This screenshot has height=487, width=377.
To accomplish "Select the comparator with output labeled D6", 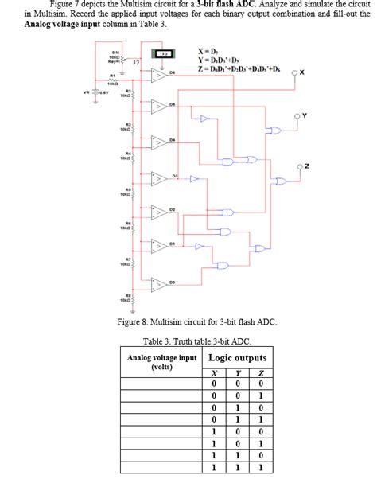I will click(160, 76).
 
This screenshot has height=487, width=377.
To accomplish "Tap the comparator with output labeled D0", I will click(160, 285).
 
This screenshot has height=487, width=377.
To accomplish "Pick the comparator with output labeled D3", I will click(160, 180).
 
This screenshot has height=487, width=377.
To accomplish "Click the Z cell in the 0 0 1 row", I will click(260, 395).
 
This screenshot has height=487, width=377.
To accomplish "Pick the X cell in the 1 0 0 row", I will click(213, 431).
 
